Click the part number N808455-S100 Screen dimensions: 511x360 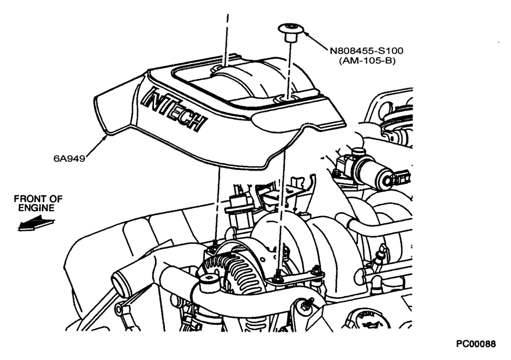366,51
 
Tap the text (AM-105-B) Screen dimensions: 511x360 367,61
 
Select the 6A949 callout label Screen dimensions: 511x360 69,159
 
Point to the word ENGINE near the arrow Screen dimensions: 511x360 36,208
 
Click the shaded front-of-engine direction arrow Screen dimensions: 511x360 36,224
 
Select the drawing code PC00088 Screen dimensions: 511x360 476,344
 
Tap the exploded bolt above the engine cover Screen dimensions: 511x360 290,32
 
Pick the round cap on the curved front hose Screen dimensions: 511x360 209,282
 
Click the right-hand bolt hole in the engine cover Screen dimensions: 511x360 281,99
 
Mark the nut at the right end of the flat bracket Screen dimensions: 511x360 315,271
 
